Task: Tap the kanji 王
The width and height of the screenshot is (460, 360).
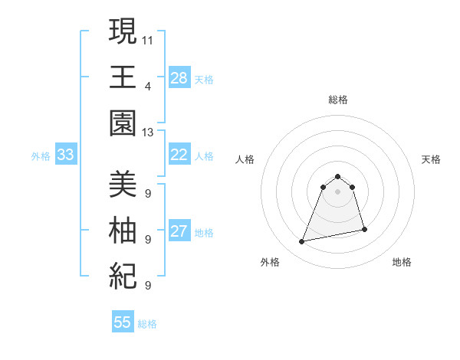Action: point(123,77)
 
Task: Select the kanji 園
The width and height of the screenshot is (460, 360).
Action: point(123,123)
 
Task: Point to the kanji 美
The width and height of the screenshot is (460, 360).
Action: point(123,184)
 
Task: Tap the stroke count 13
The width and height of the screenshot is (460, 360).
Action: point(148,132)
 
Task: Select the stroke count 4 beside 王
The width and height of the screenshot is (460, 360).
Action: point(148,85)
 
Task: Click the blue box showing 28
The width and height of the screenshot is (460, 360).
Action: point(179,78)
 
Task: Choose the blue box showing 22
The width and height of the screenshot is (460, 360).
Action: point(179,155)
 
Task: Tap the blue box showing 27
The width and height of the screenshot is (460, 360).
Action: point(179,232)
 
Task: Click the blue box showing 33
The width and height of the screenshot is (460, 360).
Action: point(65,155)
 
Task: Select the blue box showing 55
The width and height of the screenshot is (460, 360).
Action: point(123,322)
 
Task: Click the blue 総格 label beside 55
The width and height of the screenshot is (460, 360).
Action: point(147,324)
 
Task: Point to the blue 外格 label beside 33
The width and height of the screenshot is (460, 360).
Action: point(41,156)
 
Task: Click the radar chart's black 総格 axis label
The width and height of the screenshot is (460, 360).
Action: point(337,100)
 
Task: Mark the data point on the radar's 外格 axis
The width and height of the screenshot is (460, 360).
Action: point(302,242)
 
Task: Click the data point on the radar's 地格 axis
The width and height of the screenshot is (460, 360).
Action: point(364,229)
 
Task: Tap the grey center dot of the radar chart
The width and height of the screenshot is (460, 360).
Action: point(337,191)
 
